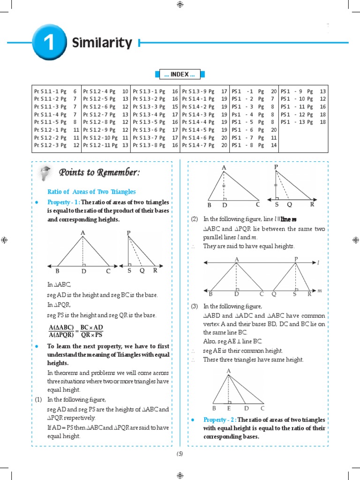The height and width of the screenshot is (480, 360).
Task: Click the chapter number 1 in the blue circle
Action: [x=48, y=43]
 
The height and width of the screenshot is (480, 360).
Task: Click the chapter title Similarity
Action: [x=102, y=43]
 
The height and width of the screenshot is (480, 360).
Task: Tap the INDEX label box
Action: [x=180, y=74]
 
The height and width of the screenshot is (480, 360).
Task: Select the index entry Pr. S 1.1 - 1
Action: [x=55, y=91]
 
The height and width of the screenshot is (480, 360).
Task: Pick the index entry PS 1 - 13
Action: [x=303, y=122]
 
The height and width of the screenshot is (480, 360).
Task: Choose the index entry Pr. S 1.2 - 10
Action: [x=106, y=137]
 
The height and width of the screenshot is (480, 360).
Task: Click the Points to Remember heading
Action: [x=99, y=173]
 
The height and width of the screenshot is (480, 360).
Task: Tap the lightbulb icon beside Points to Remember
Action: [x=45, y=172]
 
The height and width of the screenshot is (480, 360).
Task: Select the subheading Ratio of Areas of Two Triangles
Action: [x=92, y=192]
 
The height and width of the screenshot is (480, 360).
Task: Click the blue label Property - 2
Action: [x=219, y=420]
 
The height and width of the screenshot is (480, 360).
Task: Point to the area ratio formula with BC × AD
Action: [x=75, y=331]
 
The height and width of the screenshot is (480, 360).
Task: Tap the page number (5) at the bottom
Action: [x=180, y=454]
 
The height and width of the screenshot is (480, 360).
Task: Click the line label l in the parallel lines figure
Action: [x=318, y=263]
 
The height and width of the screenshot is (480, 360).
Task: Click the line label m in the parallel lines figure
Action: [x=320, y=291]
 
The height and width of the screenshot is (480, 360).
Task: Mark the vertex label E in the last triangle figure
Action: [x=228, y=408]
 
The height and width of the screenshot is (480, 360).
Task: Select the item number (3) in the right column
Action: [x=195, y=306]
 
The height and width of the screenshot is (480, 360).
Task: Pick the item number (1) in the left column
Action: [x=38, y=399]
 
